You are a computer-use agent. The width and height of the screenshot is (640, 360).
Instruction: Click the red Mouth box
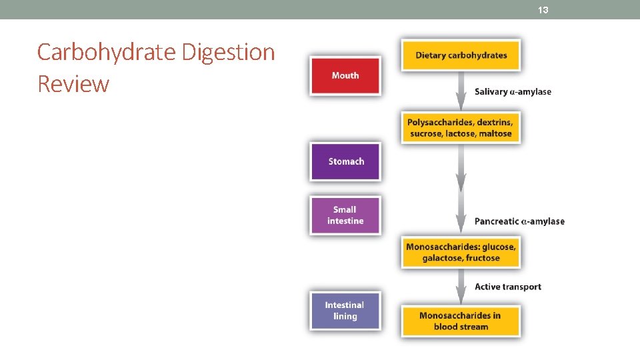tap(345, 75)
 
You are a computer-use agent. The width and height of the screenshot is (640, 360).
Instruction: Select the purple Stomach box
tap(345, 161)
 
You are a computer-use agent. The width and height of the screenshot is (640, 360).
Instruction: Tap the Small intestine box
tap(345, 215)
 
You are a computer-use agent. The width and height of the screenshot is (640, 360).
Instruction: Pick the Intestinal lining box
tap(345, 311)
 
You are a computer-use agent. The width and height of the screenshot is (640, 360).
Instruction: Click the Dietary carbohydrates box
tap(461, 55)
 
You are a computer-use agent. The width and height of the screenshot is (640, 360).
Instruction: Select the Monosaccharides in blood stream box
tap(461, 321)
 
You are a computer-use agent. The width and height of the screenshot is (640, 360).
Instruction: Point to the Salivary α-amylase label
tap(513, 92)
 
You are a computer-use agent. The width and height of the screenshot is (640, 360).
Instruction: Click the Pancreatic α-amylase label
tap(519, 221)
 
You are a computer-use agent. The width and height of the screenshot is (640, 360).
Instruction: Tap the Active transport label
tap(507, 287)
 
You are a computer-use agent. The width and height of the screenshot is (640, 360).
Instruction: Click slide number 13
tap(543, 10)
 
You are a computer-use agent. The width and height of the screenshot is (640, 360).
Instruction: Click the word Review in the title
tap(73, 84)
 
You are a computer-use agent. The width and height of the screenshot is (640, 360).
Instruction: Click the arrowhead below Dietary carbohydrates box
tap(461, 101)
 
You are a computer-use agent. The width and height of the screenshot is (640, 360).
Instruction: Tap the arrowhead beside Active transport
tap(461, 294)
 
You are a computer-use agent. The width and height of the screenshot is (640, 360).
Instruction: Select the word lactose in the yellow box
tap(461, 133)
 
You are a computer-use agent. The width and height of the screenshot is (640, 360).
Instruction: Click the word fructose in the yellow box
tap(483, 258)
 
